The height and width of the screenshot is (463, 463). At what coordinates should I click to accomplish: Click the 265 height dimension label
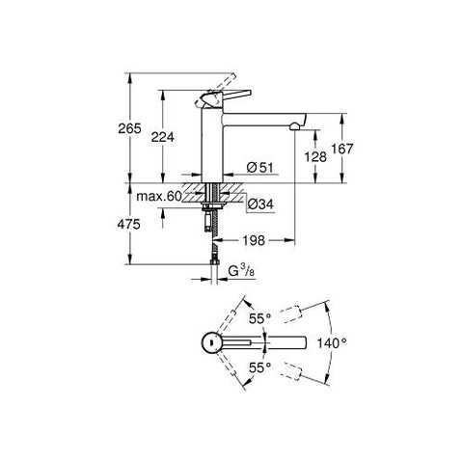(129, 128)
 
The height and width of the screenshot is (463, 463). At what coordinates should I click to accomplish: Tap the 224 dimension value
(163, 137)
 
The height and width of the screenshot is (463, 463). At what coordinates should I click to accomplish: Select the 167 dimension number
(342, 149)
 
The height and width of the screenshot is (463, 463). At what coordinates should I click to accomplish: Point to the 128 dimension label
(315, 157)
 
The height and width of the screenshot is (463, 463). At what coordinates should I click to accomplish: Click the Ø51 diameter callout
(259, 167)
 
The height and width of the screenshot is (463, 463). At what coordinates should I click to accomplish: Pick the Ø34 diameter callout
(260, 204)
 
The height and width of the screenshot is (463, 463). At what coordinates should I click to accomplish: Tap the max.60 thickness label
(159, 196)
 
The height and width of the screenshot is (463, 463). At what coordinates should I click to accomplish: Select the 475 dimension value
(129, 225)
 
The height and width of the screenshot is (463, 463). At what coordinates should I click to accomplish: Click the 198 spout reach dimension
(254, 240)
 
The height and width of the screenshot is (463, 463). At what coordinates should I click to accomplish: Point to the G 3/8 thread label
(241, 272)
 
